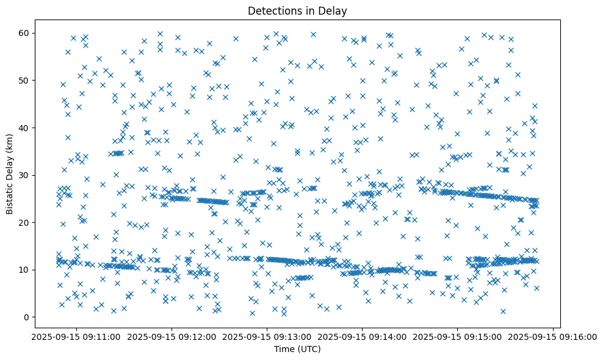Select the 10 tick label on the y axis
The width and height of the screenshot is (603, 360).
[25, 270]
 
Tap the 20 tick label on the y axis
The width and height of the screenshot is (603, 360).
[25, 222]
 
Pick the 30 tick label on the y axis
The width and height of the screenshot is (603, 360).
[25, 175]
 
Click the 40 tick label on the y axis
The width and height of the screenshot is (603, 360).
[25, 128]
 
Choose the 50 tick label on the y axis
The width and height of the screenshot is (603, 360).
[25, 81]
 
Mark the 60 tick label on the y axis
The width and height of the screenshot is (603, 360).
[25, 33]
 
